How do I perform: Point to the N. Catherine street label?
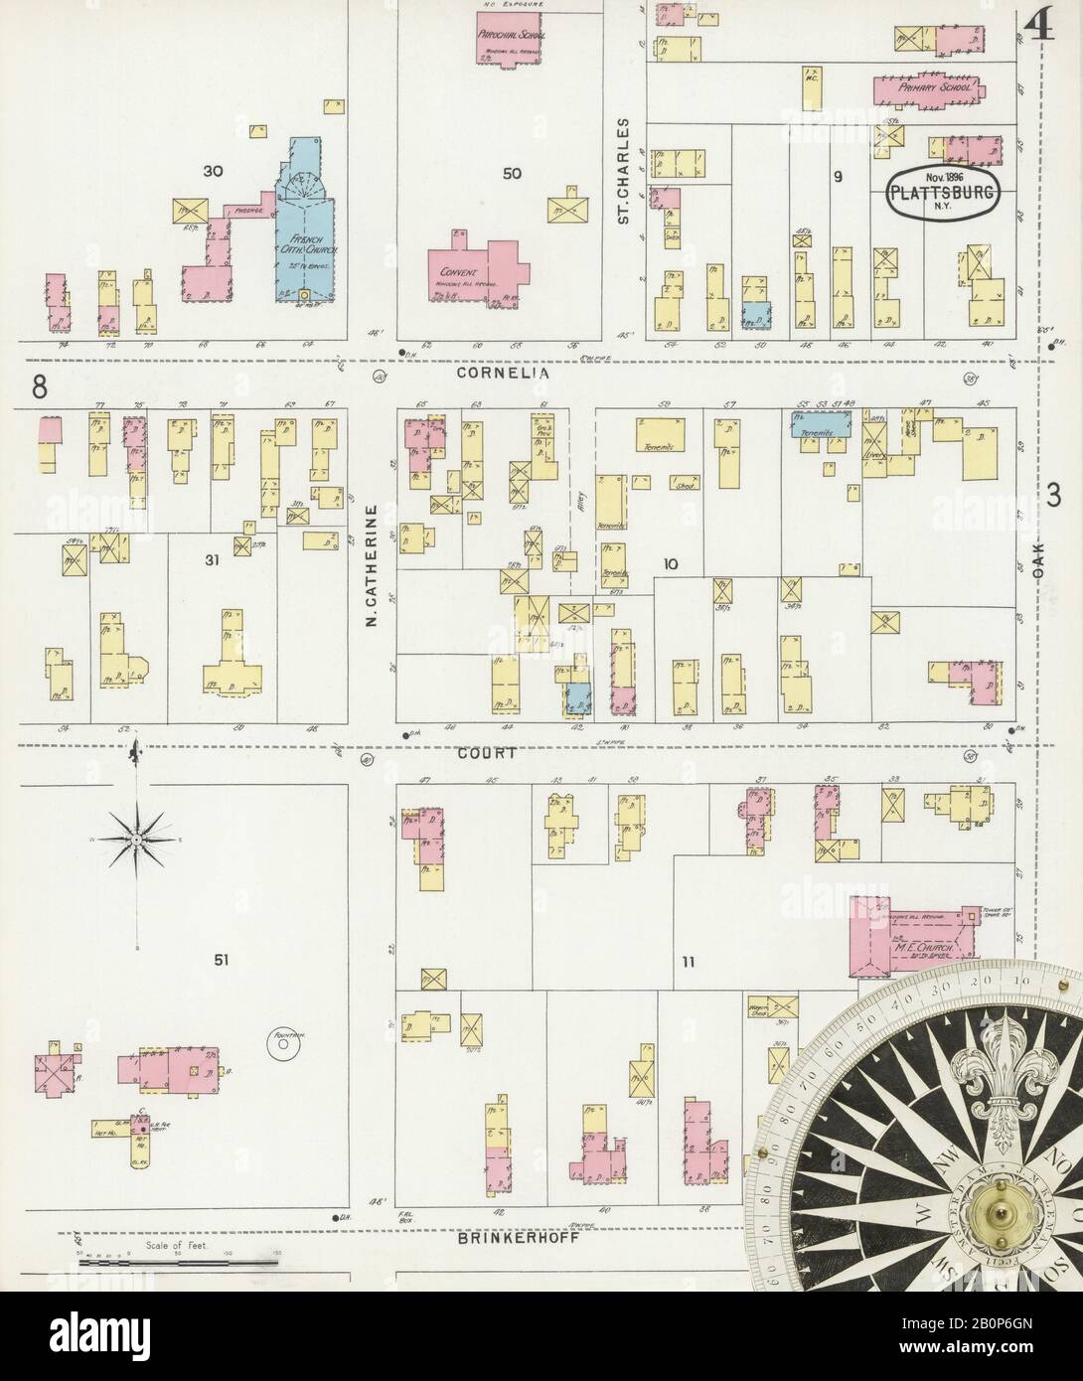(371, 566)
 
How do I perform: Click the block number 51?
(222, 959)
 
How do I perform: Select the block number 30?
(212, 171)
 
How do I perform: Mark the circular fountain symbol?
(282, 1043)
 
